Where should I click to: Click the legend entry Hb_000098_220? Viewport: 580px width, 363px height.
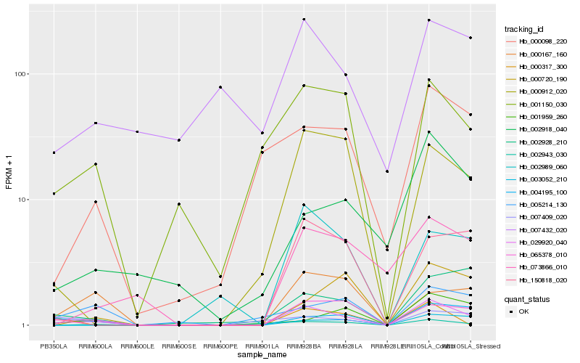click(538, 41)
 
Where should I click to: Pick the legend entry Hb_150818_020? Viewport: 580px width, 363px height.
click(538, 280)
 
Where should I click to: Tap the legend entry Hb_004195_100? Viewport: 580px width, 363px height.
click(538, 192)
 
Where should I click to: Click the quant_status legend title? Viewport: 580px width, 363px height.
click(526, 298)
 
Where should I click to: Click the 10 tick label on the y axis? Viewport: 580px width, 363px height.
click(22, 200)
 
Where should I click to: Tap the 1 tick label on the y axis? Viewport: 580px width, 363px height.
click(24, 325)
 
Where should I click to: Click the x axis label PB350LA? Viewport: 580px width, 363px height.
click(54, 347)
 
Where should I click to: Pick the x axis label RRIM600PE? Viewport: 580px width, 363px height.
click(220, 347)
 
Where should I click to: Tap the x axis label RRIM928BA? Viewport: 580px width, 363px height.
click(303, 347)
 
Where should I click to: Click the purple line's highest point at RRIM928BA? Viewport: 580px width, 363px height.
click(304, 20)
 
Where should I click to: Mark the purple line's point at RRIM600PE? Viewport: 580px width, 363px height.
click(220, 87)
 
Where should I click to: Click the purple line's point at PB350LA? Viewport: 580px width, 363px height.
click(54, 152)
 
